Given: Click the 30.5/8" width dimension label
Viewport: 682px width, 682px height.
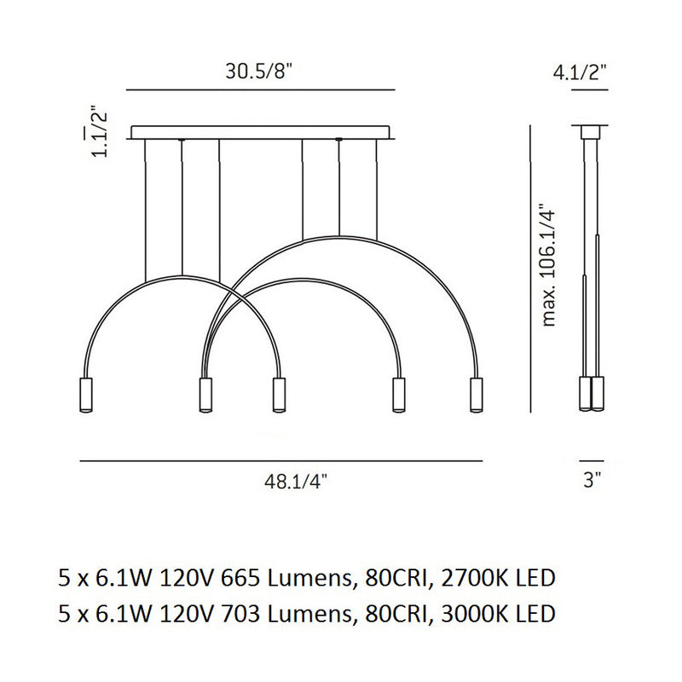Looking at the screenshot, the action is click(259, 72).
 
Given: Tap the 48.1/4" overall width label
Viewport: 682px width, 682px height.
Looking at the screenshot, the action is click(296, 482).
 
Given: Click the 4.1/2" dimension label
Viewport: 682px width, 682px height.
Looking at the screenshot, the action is click(580, 72).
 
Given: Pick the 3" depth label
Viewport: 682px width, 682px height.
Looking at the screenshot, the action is click(592, 480).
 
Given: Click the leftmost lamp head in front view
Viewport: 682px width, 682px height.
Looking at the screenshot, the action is click(86, 395).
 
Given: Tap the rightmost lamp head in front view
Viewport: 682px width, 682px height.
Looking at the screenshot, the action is click(477, 395).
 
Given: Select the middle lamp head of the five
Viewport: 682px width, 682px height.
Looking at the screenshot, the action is click(279, 395).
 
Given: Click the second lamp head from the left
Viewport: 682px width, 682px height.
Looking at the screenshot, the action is click(205, 395).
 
